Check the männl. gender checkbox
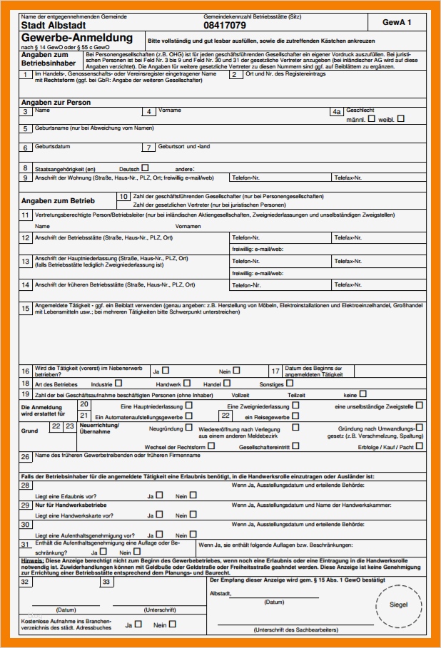(371, 119)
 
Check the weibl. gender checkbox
(400, 119)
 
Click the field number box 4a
(337, 111)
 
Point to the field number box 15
(26, 307)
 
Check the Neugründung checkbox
(189, 428)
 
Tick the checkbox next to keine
(363, 393)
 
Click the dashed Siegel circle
(399, 605)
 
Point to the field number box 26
(25, 457)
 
